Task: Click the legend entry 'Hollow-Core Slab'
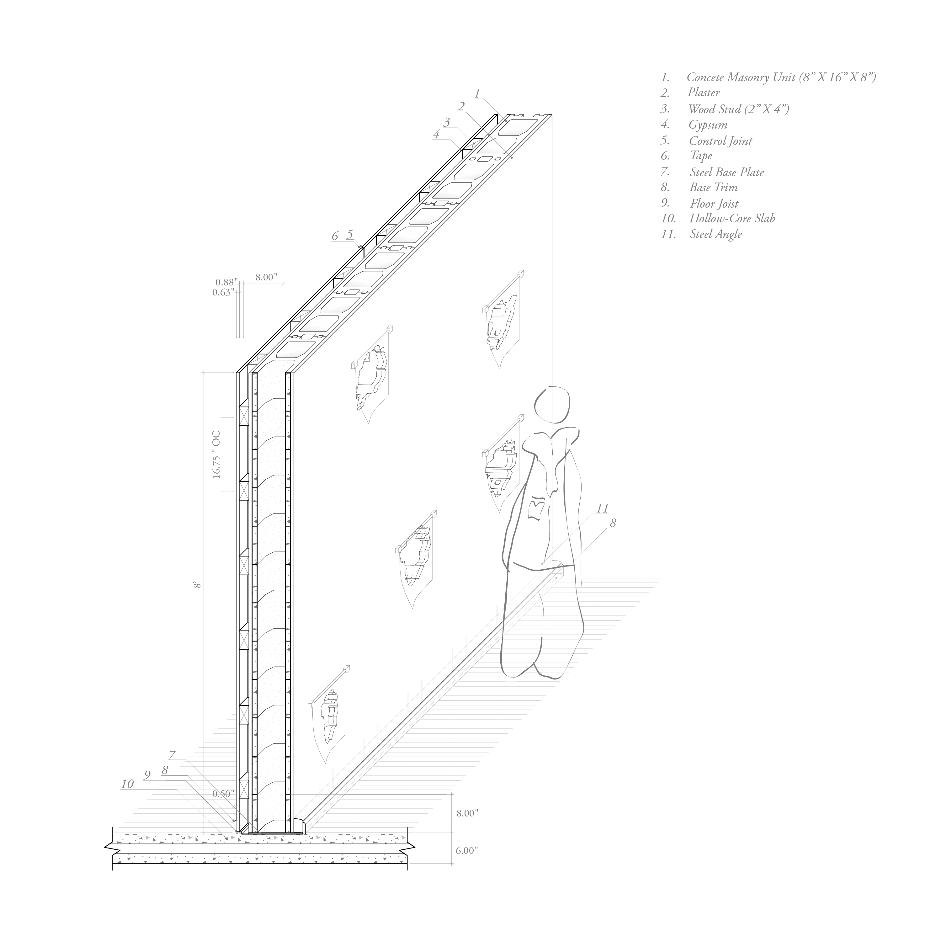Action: (731, 219)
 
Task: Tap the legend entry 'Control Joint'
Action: (720, 141)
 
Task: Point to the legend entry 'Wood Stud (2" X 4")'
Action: (738, 109)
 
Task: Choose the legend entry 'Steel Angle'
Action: (715, 234)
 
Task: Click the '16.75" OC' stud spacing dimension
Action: (217, 455)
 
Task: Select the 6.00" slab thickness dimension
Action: (467, 850)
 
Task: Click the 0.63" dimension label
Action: (223, 293)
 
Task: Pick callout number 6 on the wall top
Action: (335, 236)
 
